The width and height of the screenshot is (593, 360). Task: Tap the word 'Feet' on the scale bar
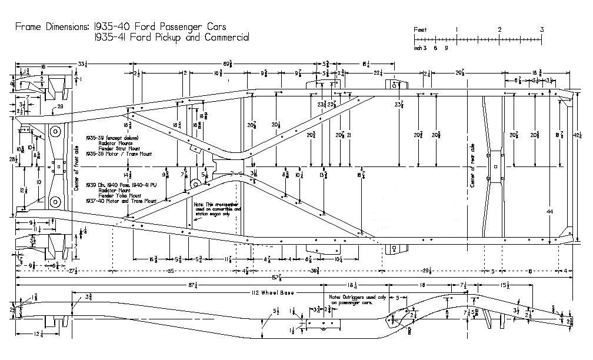click(420, 29)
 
